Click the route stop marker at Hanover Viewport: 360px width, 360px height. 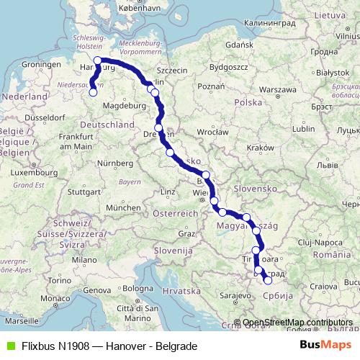(x=93, y=91)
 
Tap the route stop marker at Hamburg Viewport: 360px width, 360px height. (x=98, y=60)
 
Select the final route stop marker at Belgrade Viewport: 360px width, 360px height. (x=268, y=281)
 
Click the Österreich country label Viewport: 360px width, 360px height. (x=179, y=214)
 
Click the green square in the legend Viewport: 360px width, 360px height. (x=9, y=346)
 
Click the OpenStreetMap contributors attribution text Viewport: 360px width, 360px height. (x=298, y=323)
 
